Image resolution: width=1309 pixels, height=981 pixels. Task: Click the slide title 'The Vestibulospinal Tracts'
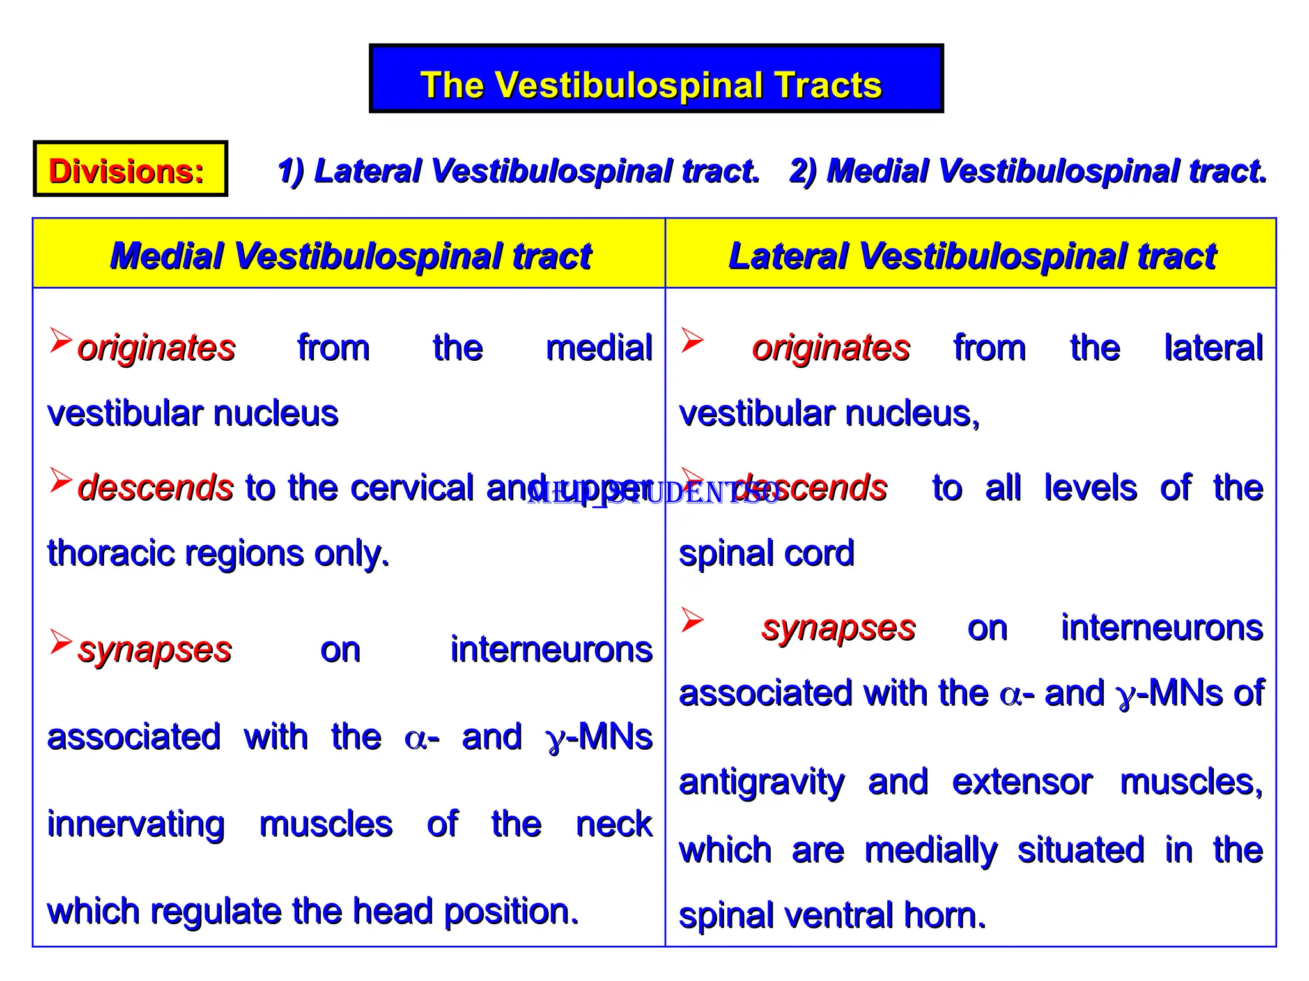point(651,85)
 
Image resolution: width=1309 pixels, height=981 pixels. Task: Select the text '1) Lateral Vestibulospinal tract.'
point(518,171)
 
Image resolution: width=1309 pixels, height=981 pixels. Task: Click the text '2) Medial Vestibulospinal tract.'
point(1028,171)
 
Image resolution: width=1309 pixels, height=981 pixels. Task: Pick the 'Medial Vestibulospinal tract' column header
point(350,255)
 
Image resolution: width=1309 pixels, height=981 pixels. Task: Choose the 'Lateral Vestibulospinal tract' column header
point(972,255)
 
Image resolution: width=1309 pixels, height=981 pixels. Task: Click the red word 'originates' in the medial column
point(156,349)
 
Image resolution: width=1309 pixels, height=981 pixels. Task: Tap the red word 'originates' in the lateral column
point(830,349)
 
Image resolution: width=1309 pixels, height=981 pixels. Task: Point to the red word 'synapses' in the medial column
point(154,650)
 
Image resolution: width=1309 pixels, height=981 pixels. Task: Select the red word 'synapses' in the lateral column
point(838,628)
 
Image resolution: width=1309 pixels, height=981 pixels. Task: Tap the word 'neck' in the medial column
point(614,824)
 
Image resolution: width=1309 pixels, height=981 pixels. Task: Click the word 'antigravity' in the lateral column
point(761,782)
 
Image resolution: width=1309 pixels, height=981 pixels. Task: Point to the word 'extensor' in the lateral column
point(1022,782)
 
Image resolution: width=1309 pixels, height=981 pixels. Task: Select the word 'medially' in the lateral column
point(930,851)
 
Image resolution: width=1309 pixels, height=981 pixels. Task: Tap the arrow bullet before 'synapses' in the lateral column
point(692,619)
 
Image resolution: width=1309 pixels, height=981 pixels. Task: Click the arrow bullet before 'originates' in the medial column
point(61,340)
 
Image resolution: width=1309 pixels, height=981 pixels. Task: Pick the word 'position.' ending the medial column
point(511,911)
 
